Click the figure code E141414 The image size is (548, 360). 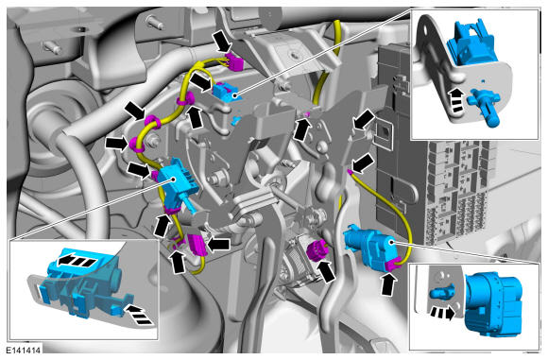pyautogui.click(x=24, y=350)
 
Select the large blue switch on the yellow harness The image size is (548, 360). pyautogui.click(x=178, y=183)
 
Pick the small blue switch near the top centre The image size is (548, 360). pyautogui.click(x=224, y=91)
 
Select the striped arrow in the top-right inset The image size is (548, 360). pyautogui.click(x=456, y=100)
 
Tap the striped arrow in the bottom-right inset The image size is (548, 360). pyautogui.click(x=443, y=313)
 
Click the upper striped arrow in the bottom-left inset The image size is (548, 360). pyautogui.click(x=77, y=260)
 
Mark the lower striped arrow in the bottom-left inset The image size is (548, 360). pyautogui.click(x=139, y=314)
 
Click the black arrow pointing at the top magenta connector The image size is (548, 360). pyautogui.click(x=222, y=42)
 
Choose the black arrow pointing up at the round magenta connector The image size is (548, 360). pyautogui.click(x=327, y=271)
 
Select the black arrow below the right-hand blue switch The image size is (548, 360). pyautogui.click(x=388, y=283)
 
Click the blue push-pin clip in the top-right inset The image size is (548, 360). pyautogui.click(x=484, y=108)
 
